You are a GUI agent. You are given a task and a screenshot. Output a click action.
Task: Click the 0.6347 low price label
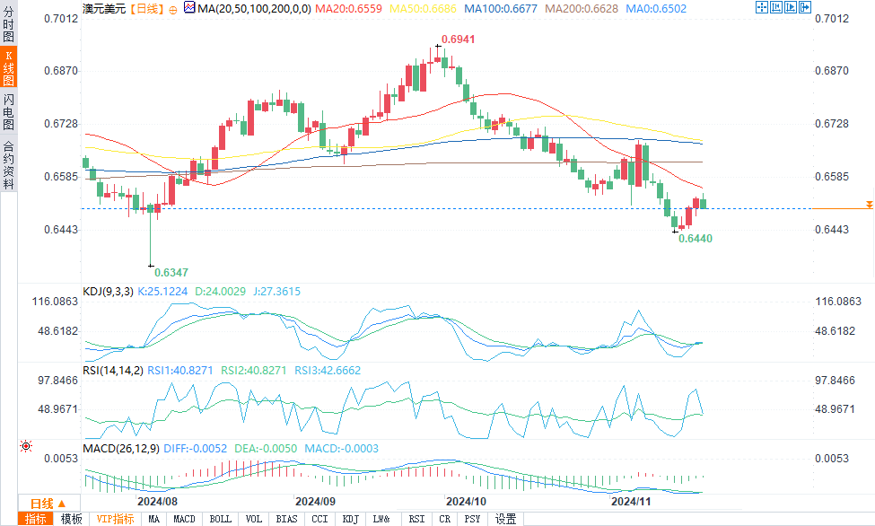click(171, 271)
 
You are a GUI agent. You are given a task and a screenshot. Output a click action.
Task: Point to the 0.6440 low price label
click(696, 239)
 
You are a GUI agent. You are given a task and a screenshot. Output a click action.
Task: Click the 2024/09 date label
click(315, 501)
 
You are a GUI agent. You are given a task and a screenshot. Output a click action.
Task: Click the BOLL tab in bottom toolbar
click(220, 519)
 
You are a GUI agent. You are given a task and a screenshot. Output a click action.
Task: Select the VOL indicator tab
click(254, 519)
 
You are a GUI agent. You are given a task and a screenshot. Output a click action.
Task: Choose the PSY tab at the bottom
click(471, 519)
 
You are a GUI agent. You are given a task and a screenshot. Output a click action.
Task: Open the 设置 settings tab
click(505, 519)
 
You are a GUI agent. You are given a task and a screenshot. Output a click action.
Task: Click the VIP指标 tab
click(115, 519)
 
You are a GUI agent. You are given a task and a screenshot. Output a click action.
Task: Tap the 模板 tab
click(71, 519)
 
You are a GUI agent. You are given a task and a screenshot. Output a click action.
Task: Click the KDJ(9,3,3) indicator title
click(108, 292)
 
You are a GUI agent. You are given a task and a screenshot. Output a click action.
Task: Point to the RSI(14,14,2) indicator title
click(112, 369)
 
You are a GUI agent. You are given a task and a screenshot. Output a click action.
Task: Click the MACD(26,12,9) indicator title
click(118, 448)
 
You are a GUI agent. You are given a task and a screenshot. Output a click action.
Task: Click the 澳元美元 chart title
click(100, 8)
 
